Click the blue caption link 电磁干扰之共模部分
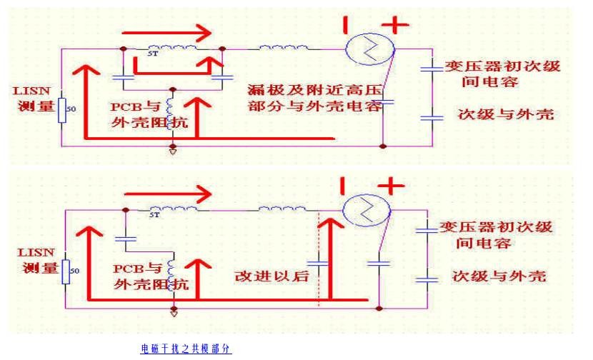(x=186, y=349)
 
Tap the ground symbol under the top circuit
(x=172, y=151)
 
